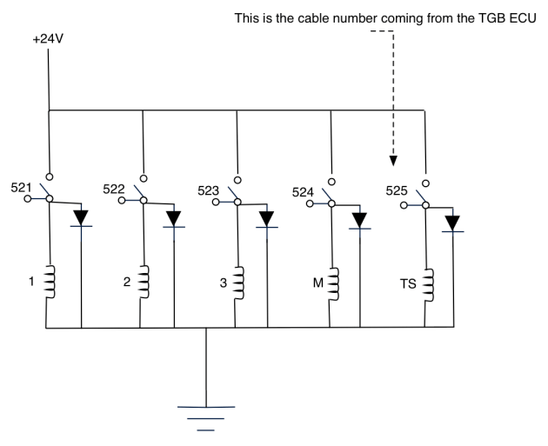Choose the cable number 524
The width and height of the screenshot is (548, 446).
pyautogui.click(x=304, y=193)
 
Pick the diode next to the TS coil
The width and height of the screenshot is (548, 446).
pyautogui.click(x=451, y=223)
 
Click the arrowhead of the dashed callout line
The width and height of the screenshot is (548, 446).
pyautogui.click(x=393, y=160)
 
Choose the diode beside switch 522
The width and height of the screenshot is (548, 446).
pyautogui.click(x=175, y=218)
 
